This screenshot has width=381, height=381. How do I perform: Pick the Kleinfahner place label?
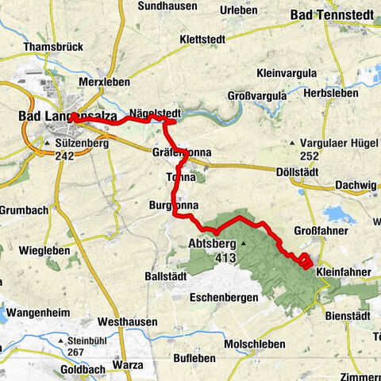coord(344,271)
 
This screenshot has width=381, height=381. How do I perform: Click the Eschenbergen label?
coord(225,298)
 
